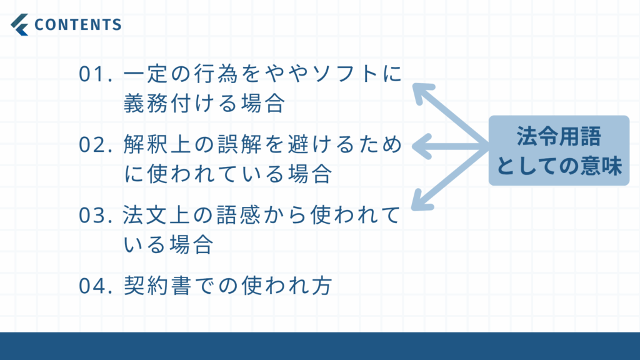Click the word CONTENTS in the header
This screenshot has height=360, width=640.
tap(78, 24)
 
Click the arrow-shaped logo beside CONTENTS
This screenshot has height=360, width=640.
tap(19, 24)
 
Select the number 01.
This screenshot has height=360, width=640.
tap(95, 74)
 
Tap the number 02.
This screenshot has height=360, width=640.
tap(95, 144)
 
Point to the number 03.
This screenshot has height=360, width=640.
tap(95, 215)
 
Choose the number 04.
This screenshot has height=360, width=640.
tap(95, 285)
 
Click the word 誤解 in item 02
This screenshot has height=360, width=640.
tap(240, 144)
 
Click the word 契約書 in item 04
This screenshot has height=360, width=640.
tap(157, 285)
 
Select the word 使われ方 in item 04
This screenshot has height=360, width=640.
tap(286, 285)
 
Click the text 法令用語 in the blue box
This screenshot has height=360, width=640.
tap(559, 136)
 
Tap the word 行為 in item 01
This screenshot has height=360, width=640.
tap(216, 74)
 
